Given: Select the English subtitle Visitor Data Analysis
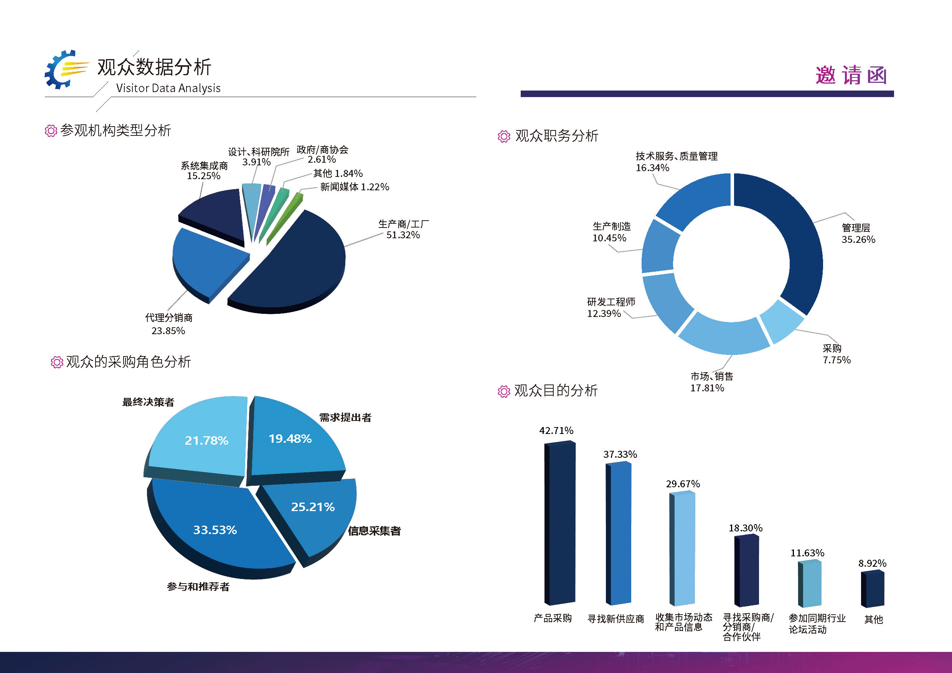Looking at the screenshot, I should click(x=168, y=88).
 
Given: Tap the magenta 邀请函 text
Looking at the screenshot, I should click(x=851, y=76).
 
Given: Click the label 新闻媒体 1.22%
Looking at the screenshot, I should click(x=355, y=187).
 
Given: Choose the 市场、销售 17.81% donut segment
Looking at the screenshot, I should click(x=724, y=334).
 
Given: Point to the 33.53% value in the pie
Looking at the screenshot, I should click(x=215, y=530).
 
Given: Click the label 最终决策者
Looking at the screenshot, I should click(x=148, y=402).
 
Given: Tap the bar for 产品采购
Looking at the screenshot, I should click(x=560, y=523).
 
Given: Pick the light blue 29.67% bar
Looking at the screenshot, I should click(x=683, y=548).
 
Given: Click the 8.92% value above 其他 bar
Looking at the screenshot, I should click(x=872, y=563).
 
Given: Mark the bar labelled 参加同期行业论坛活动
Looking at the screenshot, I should click(x=810, y=582).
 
